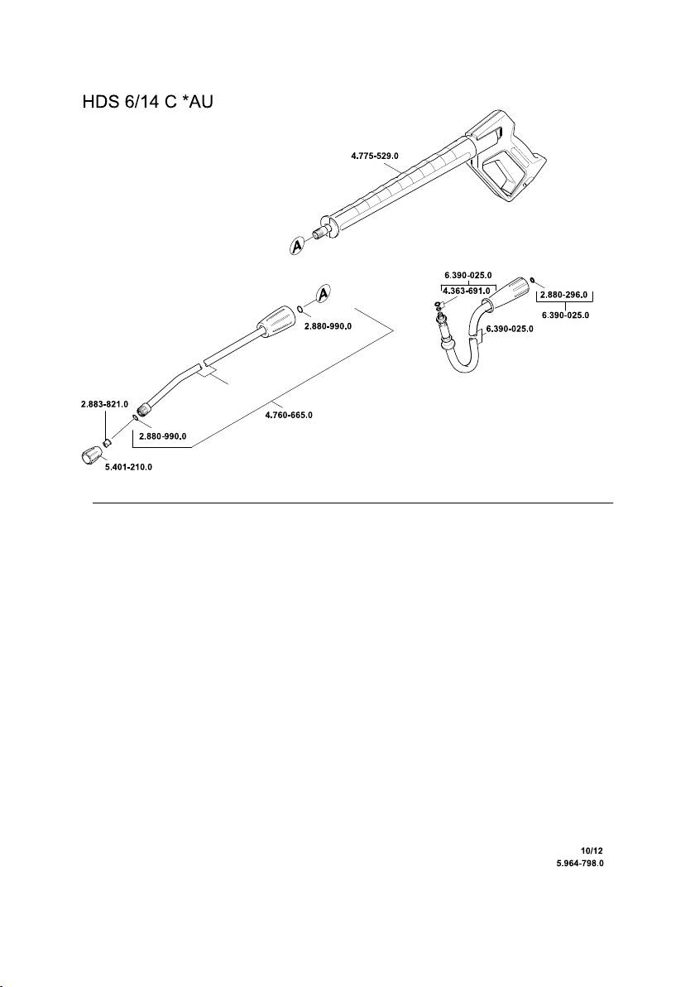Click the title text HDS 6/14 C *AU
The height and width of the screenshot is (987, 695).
(148, 105)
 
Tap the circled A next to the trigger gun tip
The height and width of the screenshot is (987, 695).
(299, 246)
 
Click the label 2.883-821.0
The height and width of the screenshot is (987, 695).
(98, 404)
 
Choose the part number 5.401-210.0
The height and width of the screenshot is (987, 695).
(128, 467)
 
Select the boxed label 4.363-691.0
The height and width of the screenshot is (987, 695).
(467, 291)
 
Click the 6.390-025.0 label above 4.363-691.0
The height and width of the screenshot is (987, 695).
(467, 275)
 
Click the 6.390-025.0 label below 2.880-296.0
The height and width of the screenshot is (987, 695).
(565, 315)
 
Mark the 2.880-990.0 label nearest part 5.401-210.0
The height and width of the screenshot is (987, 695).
(162, 436)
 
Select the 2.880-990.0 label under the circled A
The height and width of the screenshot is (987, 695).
(327, 326)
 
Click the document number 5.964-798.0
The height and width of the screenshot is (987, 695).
(585, 862)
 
